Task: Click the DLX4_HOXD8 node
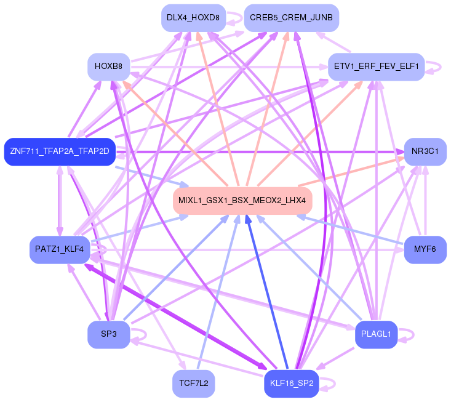[x=193, y=18]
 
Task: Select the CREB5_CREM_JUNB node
[x=292, y=18]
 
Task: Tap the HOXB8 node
[x=109, y=66]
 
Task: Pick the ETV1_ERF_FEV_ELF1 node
[x=376, y=66]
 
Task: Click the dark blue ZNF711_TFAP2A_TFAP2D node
[x=60, y=151]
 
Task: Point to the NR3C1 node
[x=425, y=151]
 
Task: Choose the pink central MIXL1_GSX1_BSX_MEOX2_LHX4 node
[x=242, y=201]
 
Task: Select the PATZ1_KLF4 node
[x=60, y=249]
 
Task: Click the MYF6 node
[x=425, y=249]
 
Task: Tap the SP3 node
[x=109, y=334]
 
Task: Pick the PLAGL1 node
[x=376, y=334]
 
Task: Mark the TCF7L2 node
[x=194, y=384]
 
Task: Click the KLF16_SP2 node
[x=292, y=384]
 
